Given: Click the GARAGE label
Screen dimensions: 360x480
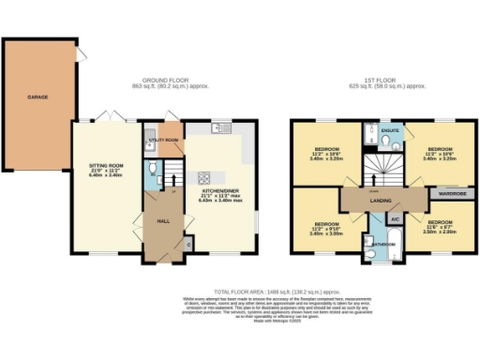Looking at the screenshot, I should pyautogui.click(x=37, y=96).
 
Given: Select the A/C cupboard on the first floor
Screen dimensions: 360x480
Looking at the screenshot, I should pyautogui.click(x=395, y=218).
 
